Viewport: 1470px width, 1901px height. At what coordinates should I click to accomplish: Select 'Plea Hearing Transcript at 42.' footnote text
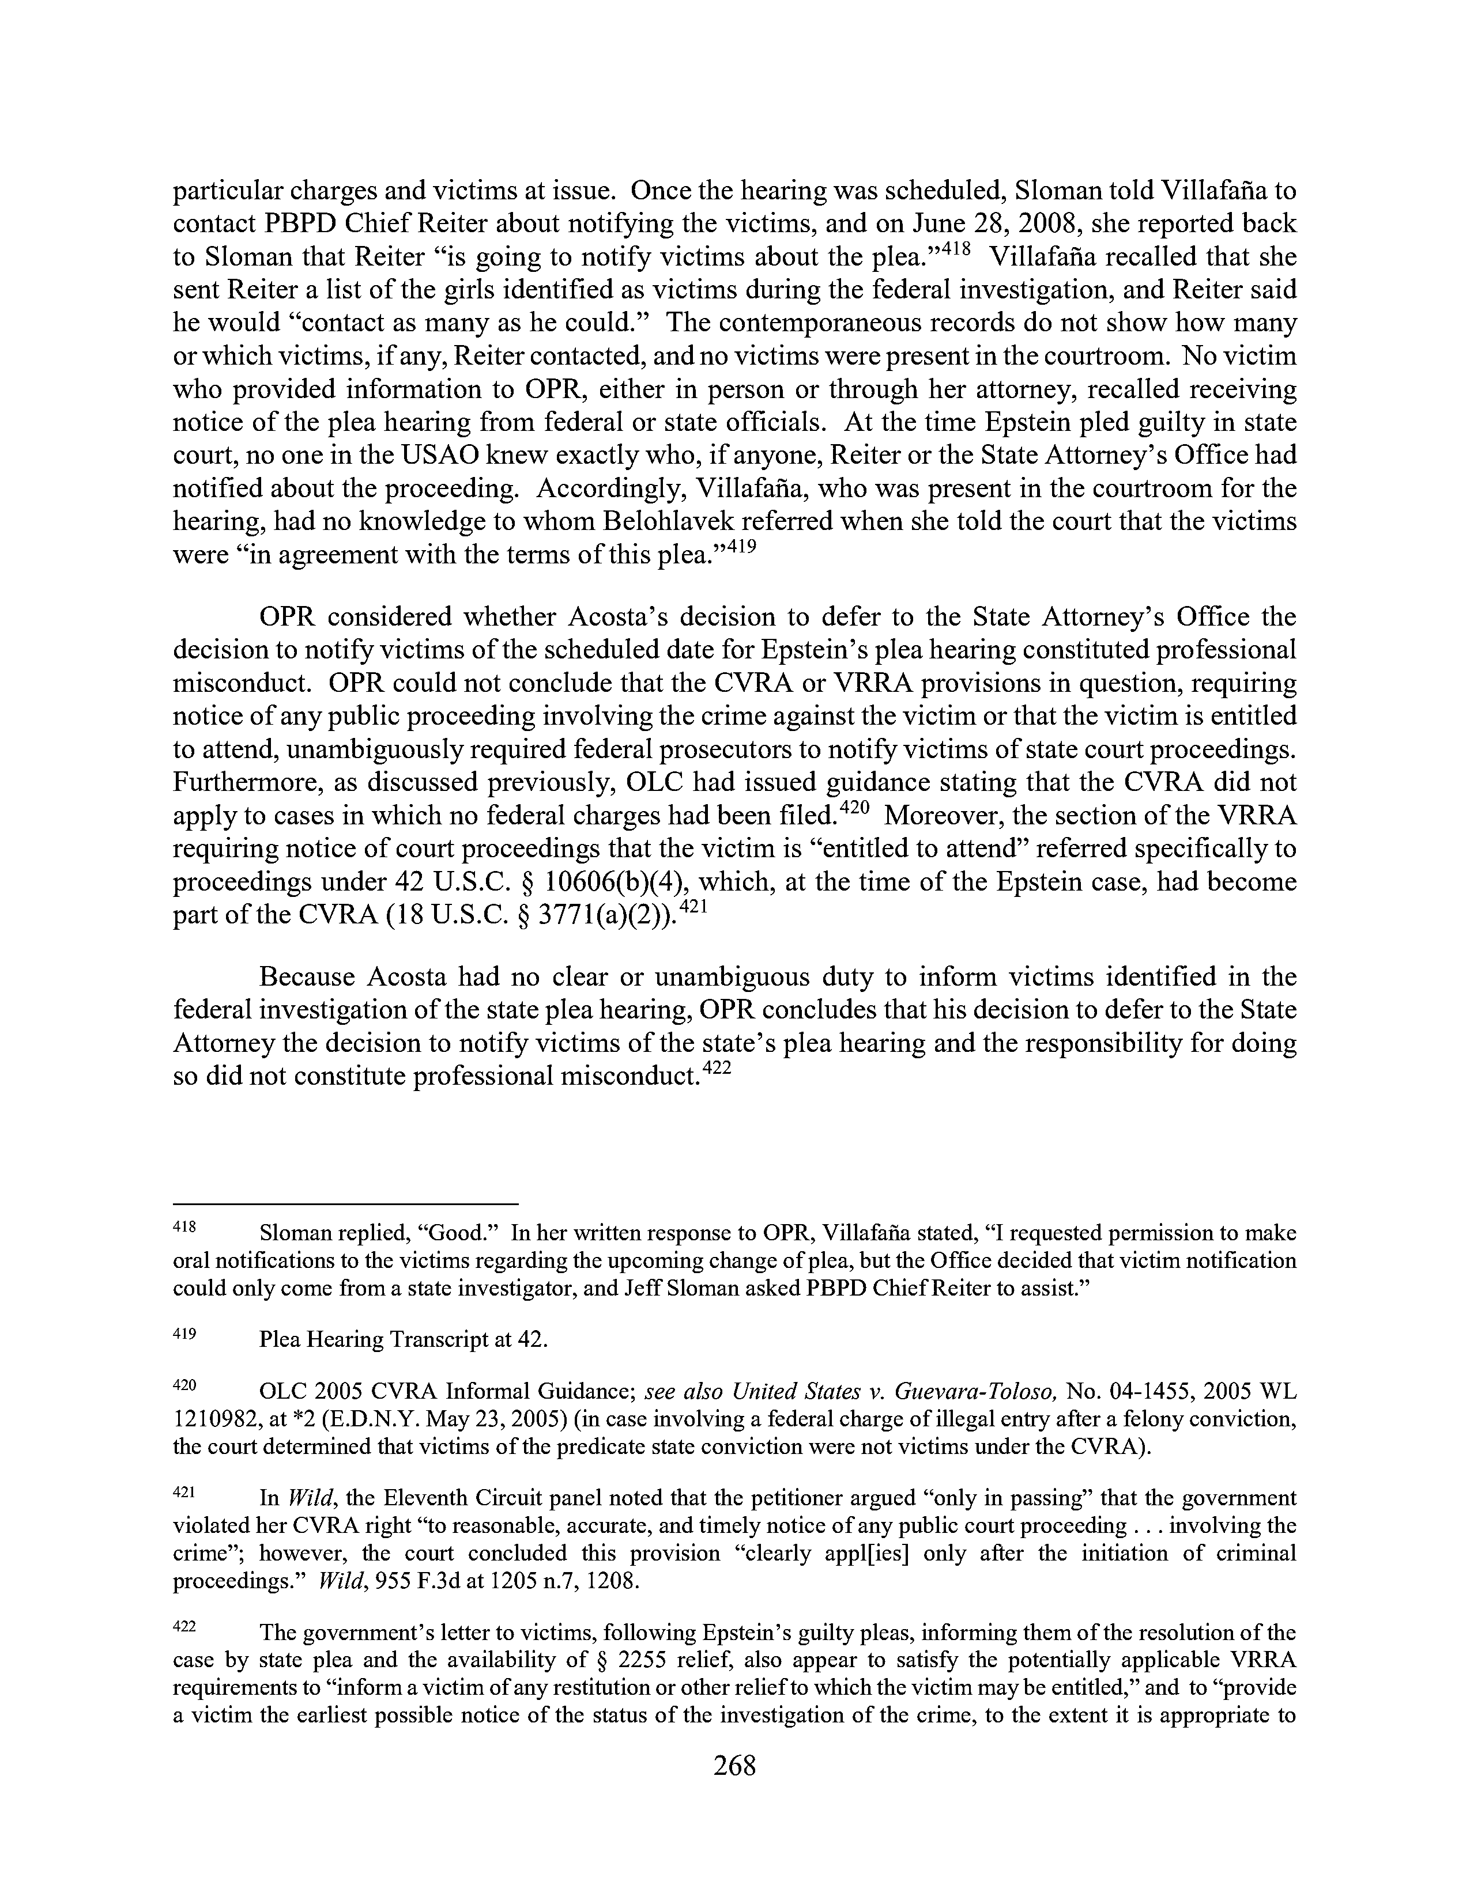[x=403, y=1339]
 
